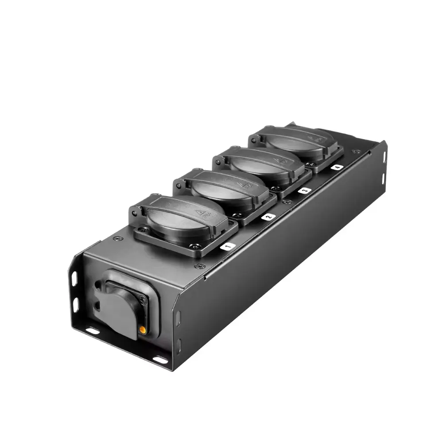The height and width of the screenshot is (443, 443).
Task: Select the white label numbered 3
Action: coord(304,190)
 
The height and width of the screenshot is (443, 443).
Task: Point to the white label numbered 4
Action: coord(337,167)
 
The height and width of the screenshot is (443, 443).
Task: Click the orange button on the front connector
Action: coord(142,330)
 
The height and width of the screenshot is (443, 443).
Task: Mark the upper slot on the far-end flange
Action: coord(384,156)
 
